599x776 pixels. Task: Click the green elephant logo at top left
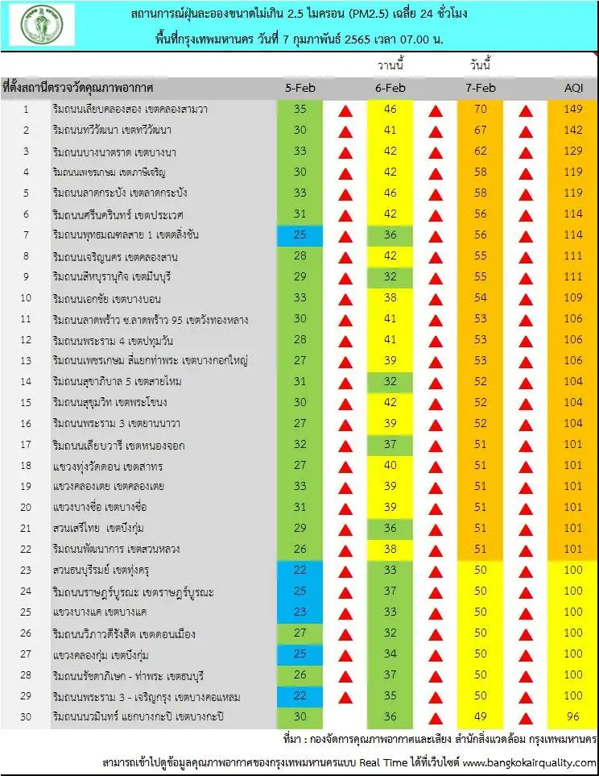click(x=41, y=25)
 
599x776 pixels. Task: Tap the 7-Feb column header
click(x=481, y=87)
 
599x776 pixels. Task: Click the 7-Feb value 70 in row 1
click(x=481, y=109)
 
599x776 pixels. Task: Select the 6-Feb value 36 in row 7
click(x=390, y=234)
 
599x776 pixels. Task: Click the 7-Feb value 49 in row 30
click(x=481, y=717)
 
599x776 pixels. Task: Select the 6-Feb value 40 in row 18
click(x=390, y=465)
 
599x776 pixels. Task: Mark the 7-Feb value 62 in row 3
click(x=481, y=151)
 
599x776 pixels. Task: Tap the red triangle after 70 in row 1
click(x=526, y=110)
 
